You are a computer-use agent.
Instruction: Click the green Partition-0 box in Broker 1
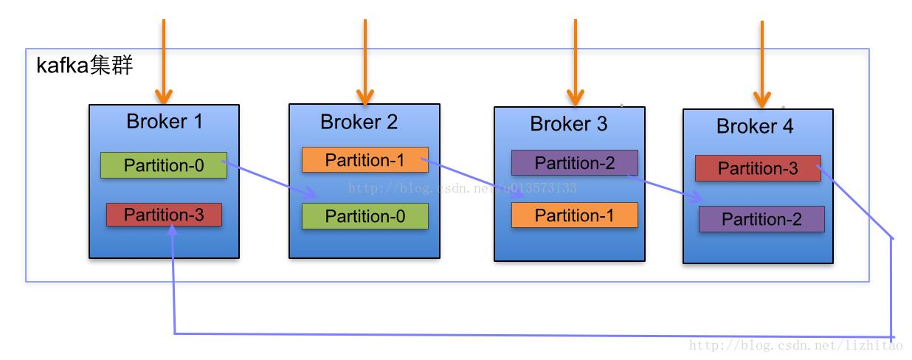pos(163,165)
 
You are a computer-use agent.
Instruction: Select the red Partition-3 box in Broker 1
pos(163,215)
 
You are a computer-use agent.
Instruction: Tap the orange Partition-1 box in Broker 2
pos(365,160)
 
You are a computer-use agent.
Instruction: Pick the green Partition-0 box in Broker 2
pos(365,215)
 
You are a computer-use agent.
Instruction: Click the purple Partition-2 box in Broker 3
pos(574,162)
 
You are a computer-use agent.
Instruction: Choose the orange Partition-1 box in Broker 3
pos(574,215)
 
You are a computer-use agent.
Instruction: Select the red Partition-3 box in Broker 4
pos(757,168)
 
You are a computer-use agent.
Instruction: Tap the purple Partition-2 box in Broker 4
pos(761,219)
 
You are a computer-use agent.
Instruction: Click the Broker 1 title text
pos(164,122)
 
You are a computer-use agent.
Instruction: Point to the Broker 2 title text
pos(359,122)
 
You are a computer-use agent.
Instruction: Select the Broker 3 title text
pos(568,124)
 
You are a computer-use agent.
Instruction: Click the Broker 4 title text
pos(754,126)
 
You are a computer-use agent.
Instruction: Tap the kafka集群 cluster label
pos(84,66)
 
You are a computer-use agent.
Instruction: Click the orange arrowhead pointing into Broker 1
pos(163,96)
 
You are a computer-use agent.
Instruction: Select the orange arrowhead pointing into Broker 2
pos(365,96)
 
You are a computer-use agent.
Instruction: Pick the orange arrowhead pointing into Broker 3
pos(575,97)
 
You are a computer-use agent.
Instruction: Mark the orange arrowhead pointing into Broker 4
pos(761,99)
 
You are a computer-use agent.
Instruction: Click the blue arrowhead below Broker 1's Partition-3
pos(172,230)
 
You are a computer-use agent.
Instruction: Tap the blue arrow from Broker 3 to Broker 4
pos(664,187)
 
